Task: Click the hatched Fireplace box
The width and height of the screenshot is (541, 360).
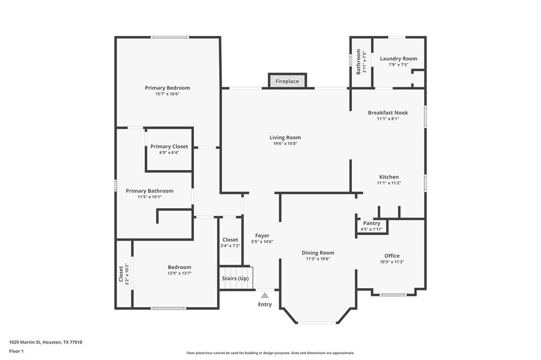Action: point(287,81)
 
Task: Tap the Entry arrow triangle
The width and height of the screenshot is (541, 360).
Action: point(265,295)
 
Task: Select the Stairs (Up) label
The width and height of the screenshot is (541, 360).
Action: point(235,278)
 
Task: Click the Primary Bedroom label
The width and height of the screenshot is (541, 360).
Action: point(167,88)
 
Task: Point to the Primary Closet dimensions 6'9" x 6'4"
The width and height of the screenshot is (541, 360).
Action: point(169,153)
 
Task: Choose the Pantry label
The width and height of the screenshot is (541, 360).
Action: point(371,223)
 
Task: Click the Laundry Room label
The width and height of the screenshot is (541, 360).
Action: point(398,59)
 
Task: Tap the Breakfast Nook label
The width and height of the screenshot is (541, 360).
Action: point(388,112)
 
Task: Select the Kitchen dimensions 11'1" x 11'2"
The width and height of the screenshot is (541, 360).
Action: point(389,183)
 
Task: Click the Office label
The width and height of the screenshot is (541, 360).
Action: point(392,255)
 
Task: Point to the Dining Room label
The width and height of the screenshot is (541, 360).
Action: point(318,253)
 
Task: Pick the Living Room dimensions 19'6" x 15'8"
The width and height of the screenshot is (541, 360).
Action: point(285,144)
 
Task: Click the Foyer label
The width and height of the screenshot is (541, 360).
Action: point(262,235)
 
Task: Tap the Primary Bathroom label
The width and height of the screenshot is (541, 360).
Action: point(150,191)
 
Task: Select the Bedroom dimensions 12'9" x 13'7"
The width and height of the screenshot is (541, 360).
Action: point(180,273)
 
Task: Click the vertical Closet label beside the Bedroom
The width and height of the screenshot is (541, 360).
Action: point(121,274)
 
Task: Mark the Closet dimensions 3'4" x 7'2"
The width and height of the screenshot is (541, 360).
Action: point(230,246)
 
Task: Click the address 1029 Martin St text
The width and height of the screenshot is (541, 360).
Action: point(24,342)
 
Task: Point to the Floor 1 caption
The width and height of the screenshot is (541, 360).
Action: point(16,351)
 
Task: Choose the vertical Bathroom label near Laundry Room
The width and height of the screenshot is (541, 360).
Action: point(358,62)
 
